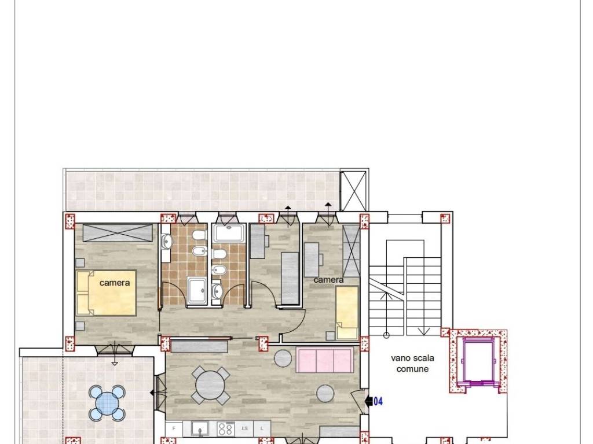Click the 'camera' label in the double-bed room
point(115,283)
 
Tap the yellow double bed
point(106,293)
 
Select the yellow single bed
point(347,312)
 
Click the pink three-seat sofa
point(324,360)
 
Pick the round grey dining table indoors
point(210,384)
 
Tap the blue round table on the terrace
point(107,403)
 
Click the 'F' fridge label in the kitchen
point(173,428)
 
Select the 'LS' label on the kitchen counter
point(244,428)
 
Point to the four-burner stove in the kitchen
point(225,428)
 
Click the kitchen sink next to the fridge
point(200,428)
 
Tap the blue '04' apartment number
point(379,400)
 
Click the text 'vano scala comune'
point(412,363)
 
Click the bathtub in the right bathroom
point(230,234)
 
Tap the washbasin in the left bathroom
point(166,242)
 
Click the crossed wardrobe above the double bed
point(118,233)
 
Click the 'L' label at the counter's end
point(262,428)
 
